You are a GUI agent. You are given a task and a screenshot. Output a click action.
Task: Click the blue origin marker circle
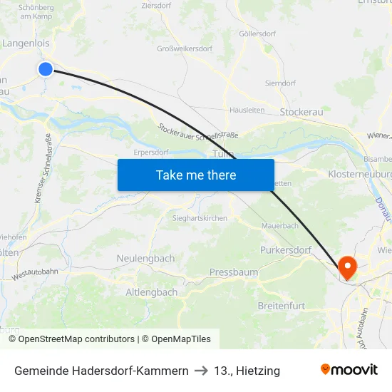[45, 68]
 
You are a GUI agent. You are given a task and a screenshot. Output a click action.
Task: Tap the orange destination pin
[348, 268]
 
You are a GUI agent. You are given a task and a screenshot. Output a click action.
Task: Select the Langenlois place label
[26, 43]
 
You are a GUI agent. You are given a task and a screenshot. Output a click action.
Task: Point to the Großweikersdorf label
[184, 49]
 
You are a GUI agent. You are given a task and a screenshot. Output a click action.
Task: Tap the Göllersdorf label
[257, 33]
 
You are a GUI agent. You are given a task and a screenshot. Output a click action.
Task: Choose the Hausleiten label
[247, 110]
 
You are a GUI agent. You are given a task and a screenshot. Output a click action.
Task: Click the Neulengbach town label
[145, 258]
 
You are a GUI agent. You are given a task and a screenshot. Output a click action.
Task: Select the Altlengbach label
[151, 292]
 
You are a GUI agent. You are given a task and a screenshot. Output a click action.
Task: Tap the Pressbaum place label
[234, 272]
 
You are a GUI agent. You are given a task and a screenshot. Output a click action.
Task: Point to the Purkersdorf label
[286, 250]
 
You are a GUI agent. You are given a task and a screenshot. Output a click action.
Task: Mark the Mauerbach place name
[279, 225]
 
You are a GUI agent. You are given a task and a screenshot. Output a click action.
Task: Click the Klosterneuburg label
[359, 174]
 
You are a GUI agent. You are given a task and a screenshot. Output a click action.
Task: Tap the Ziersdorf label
[157, 5]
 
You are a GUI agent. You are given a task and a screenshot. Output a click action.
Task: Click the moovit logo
[349, 370]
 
